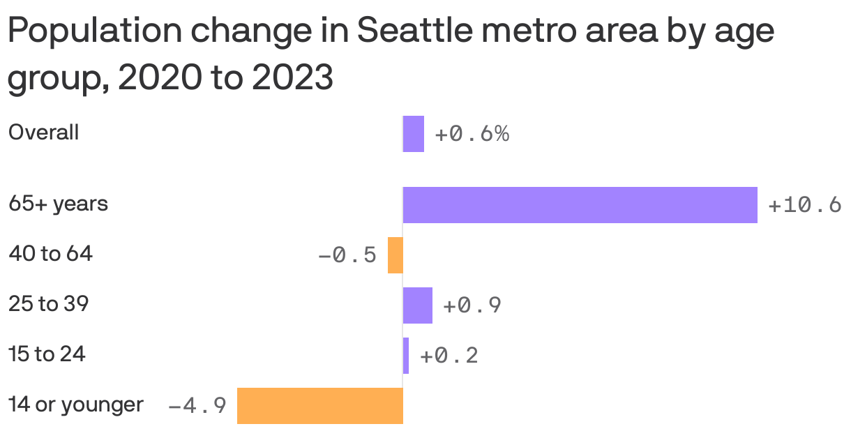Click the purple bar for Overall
[x=413, y=134]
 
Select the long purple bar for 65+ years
[x=580, y=205]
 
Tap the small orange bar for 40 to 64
[x=396, y=255]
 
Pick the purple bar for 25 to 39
[x=417, y=305]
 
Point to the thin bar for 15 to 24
[x=406, y=356]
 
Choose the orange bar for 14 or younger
[x=320, y=405]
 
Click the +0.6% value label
[x=472, y=134]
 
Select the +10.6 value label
[x=804, y=206]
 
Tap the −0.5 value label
[x=347, y=256]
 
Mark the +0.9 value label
[x=472, y=305]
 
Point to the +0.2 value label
[x=449, y=356]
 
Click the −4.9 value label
[x=197, y=406]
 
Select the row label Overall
[x=43, y=133]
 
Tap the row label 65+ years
[x=58, y=204]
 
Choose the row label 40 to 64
[x=50, y=255]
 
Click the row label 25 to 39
[x=48, y=304]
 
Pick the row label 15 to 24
[x=47, y=354]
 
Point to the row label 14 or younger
[x=76, y=404]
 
